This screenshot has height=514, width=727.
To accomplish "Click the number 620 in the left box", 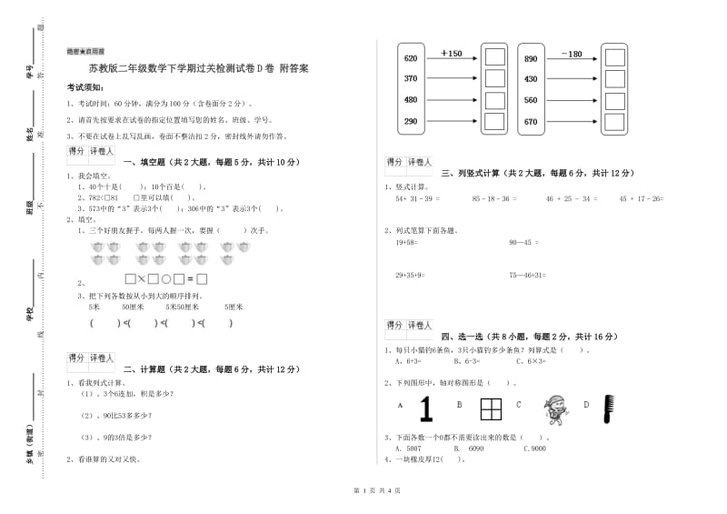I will click(410, 58).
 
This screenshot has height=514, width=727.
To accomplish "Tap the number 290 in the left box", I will click(410, 122).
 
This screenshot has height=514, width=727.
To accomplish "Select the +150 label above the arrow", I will click(451, 54).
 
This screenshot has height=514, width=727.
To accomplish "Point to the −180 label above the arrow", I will click(572, 54).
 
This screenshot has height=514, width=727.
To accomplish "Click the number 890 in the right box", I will click(531, 58).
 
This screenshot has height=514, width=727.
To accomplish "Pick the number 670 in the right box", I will click(531, 122).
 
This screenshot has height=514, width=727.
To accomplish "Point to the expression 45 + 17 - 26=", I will click(641, 198).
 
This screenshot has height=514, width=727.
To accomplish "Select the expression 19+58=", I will click(406, 242).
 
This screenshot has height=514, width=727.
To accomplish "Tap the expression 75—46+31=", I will click(527, 274).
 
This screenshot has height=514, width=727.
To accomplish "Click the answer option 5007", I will click(413, 448).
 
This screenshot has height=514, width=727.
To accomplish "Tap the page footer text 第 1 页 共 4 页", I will click(363, 492).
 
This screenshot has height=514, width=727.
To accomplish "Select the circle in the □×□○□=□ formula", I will click(166, 279).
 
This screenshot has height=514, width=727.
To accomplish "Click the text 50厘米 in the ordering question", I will click(134, 307).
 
